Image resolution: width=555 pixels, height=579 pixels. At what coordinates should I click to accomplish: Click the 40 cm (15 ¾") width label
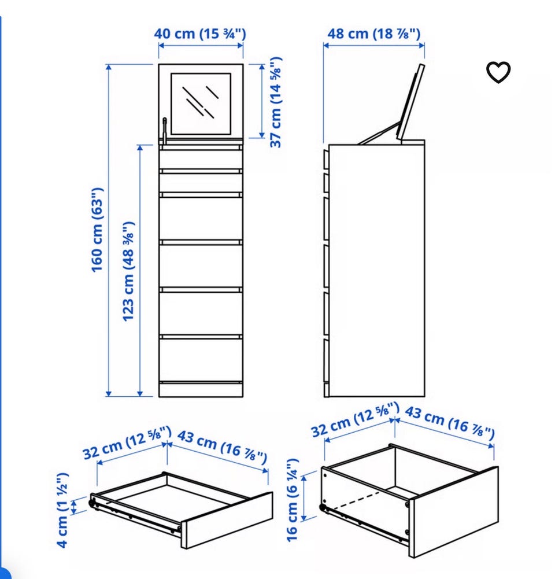(200, 34)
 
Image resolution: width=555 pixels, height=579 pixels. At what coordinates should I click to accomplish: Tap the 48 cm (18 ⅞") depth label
(374, 34)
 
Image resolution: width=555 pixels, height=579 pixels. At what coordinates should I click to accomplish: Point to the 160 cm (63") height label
(98, 230)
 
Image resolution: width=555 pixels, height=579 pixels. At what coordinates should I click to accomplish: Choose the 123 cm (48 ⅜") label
(128, 271)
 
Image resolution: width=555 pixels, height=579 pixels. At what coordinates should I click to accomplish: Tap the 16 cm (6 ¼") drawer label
(293, 500)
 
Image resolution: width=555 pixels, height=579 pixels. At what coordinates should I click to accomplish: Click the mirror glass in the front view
(201, 104)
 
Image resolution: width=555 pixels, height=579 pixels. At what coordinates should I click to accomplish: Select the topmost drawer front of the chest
(201, 159)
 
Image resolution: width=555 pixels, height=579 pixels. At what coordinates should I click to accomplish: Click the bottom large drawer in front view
(201, 360)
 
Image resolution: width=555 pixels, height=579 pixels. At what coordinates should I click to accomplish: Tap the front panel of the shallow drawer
(227, 519)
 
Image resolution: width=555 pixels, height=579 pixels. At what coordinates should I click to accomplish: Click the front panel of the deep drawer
(453, 512)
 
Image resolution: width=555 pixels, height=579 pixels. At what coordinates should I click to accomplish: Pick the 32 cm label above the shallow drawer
(127, 442)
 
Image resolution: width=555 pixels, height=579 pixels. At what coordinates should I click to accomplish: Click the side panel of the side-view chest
(376, 271)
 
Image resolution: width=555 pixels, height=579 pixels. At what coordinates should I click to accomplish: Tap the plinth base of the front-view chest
(201, 390)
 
